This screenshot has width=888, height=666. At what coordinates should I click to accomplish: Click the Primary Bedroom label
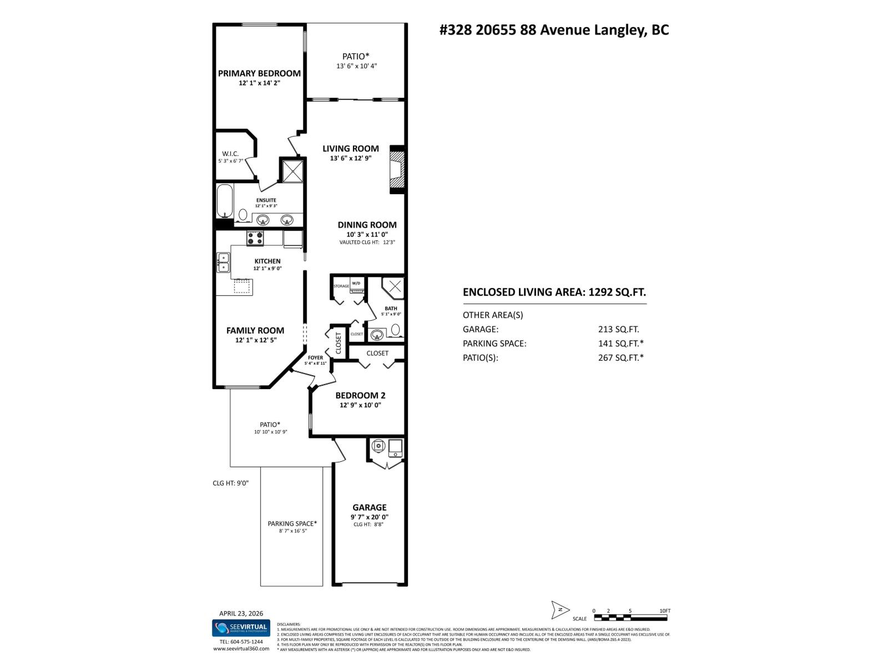(259, 73)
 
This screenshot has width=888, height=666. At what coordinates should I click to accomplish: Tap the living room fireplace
(397, 169)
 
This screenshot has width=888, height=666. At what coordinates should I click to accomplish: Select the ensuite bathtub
(224, 201)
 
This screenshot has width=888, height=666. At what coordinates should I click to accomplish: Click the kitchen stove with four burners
(255, 238)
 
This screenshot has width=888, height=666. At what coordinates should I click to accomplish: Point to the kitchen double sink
(223, 263)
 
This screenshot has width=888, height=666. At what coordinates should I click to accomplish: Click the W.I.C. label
(230, 154)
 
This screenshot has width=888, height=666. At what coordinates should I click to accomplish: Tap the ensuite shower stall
(292, 171)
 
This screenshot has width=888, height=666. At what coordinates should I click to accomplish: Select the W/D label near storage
(356, 283)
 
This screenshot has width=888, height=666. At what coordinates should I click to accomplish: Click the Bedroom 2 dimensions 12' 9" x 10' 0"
(360, 405)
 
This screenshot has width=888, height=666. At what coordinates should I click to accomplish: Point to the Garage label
(369, 507)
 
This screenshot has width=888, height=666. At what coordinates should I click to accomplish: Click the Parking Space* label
(292, 523)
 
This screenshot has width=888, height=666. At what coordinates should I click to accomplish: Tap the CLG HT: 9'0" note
(230, 483)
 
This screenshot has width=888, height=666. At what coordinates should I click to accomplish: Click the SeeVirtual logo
(241, 628)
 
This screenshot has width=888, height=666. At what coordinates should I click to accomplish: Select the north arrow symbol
(560, 609)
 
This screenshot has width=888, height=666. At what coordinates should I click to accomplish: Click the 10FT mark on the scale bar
(664, 610)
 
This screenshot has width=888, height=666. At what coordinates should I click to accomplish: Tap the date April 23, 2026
(241, 613)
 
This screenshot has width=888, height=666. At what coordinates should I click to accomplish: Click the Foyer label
(315, 358)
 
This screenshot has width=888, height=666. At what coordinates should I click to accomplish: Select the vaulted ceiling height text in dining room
(367, 242)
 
